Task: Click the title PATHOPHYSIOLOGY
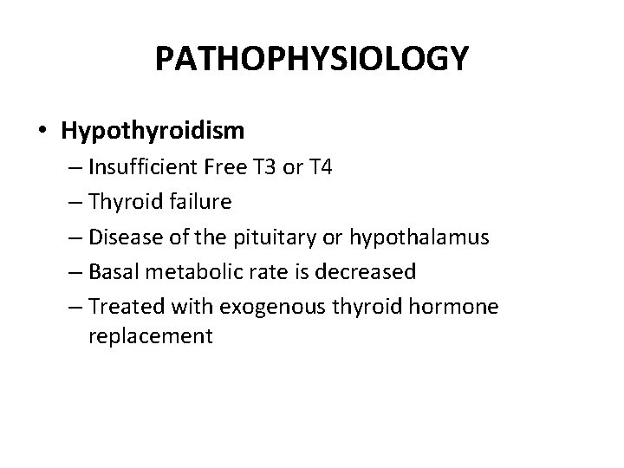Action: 312,59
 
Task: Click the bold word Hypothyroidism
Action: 153,131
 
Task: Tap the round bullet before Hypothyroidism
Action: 42,132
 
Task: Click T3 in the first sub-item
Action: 257,167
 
